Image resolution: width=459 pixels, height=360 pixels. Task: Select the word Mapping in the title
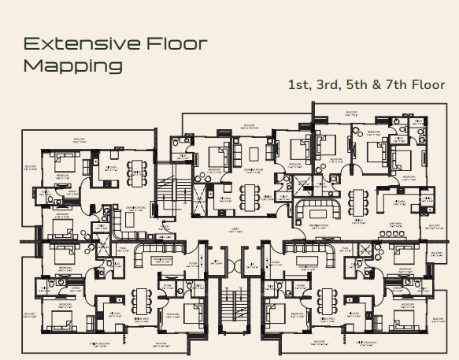point(72,65)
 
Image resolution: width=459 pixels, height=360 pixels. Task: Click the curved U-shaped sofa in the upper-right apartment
point(319,212)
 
